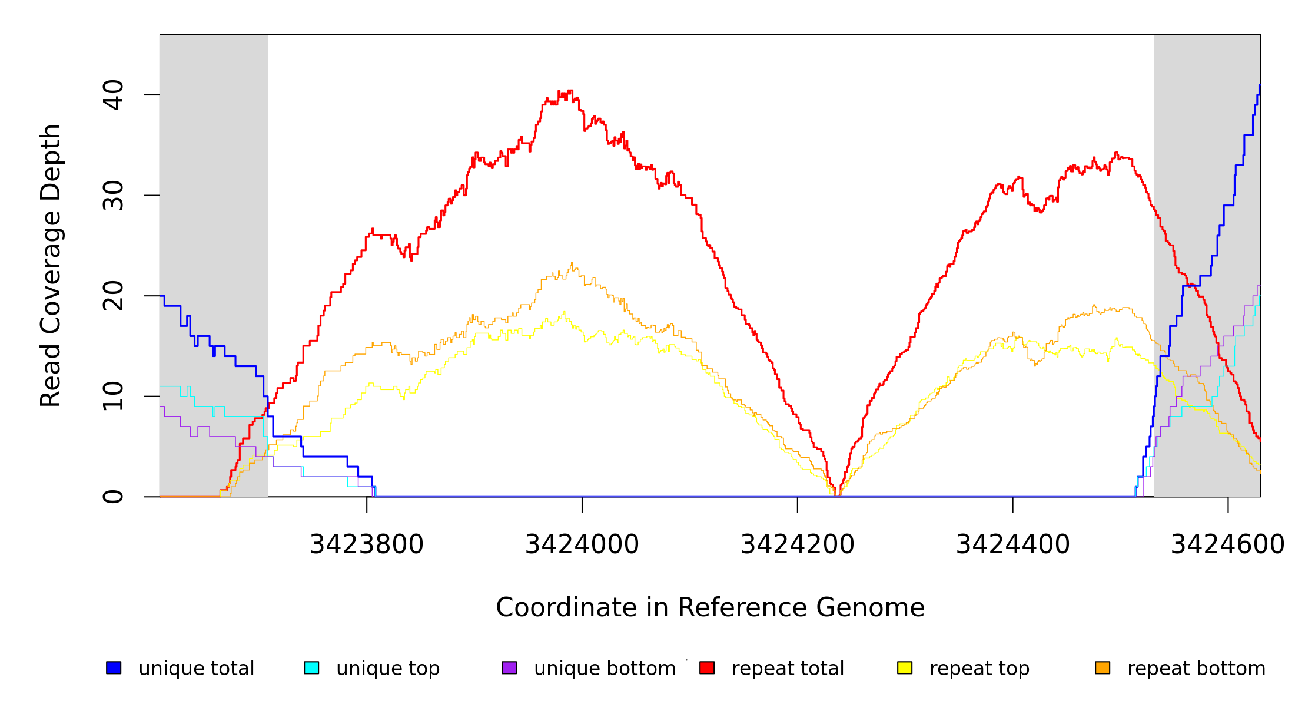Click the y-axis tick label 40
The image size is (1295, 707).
point(113,95)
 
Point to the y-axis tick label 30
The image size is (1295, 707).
point(113,196)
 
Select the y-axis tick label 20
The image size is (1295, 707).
point(113,296)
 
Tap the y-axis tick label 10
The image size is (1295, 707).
point(113,396)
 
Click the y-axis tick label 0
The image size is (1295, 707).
point(113,497)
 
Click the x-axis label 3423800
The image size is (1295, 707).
point(366,544)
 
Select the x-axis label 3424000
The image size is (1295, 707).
point(582,544)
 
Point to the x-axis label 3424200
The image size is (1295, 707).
point(797,544)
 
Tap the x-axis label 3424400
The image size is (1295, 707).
point(1012,544)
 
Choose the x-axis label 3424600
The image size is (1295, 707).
point(1227,544)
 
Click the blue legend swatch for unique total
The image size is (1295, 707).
point(114,668)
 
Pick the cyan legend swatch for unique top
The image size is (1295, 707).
point(311,668)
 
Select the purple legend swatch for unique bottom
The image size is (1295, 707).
point(509,668)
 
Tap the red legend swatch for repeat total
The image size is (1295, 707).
point(707,668)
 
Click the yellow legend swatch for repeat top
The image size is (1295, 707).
point(905,668)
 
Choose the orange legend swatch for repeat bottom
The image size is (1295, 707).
point(1103,668)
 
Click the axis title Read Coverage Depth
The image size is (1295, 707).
point(51,265)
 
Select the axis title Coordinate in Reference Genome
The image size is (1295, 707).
point(710,607)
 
